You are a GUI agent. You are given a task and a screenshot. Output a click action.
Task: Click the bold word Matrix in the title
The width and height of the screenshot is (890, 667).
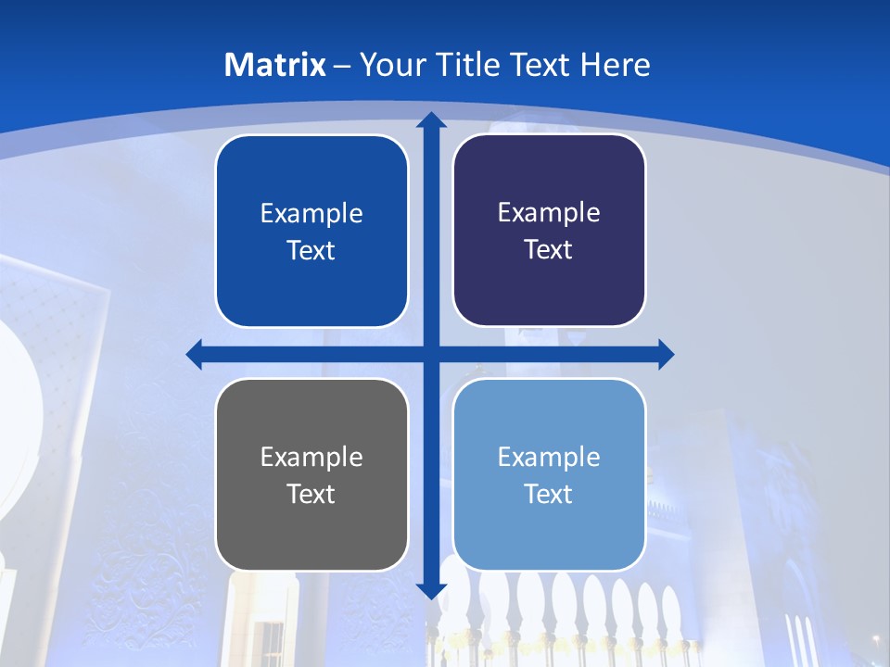[275, 65]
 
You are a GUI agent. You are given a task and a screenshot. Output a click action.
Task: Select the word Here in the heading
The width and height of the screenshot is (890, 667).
[616, 65]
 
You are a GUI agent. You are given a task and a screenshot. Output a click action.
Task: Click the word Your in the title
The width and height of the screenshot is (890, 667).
[393, 65]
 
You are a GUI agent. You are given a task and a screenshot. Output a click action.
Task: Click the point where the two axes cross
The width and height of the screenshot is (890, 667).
[431, 354]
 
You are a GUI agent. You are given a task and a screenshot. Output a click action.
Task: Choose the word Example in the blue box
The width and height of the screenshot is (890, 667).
[311, 214]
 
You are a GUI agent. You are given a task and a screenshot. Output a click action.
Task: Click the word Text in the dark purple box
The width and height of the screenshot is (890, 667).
[549, 250]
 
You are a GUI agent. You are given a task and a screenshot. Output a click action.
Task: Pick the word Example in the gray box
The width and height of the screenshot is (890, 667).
[311, 457]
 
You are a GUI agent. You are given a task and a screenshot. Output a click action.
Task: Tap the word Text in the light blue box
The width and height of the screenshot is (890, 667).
[549, 494]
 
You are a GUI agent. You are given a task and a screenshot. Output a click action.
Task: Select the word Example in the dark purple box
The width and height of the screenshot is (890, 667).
[549, 213]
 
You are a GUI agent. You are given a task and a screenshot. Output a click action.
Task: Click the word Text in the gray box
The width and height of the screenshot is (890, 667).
[311, 494]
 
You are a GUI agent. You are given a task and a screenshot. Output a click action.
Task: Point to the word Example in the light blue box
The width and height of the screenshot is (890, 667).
[549, 457]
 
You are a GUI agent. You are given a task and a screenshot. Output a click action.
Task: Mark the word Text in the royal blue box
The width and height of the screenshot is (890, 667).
[311, 251]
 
